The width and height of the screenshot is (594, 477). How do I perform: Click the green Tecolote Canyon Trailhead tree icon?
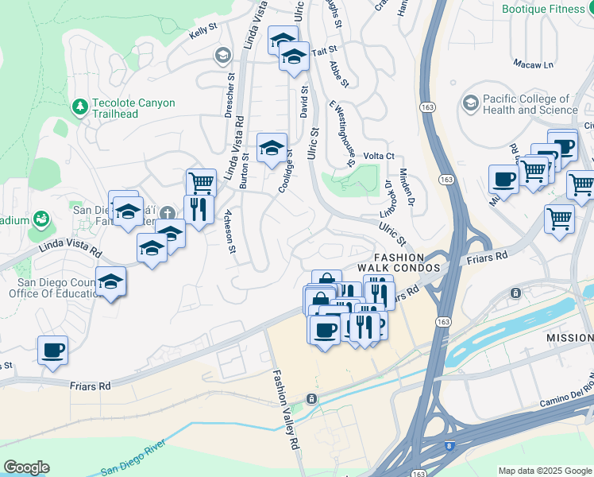(x=79, y=107)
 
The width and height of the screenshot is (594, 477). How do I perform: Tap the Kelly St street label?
(x=202, y=33)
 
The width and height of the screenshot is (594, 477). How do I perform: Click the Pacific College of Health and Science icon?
(x=471, y=103)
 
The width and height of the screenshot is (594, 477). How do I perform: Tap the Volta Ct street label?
(x=379, y=157)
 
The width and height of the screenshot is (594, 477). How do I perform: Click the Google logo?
(x=26, y=467)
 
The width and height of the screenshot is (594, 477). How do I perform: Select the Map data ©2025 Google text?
(x=544, y=471)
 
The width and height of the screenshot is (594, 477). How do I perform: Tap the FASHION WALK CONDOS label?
(x=407, y=263)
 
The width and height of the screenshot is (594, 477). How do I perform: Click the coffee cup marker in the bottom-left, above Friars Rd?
(x=53, y=350)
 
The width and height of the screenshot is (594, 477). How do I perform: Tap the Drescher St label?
(x=229, y=97)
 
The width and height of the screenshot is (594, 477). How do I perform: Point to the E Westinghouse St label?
(x=341, y=134)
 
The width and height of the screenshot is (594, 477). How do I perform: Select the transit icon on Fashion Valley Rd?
(x=313, y=398)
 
